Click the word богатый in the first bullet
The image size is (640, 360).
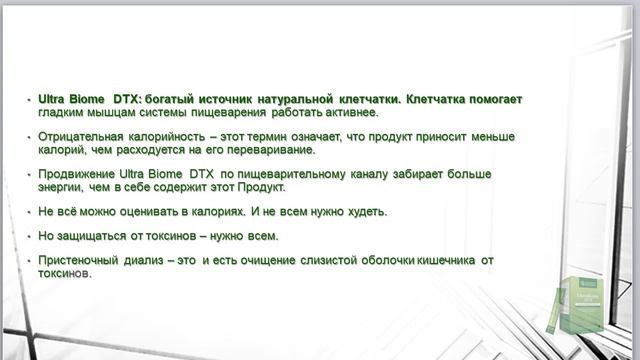pos(171,100)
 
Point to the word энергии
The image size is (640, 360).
pos(62,186)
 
